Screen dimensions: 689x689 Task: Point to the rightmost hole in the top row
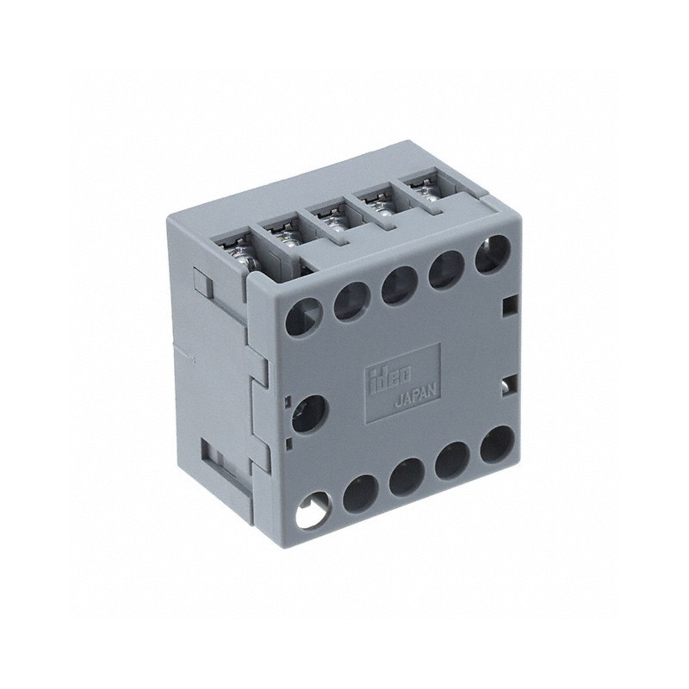(490, 254)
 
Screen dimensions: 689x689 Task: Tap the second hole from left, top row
(351, 295)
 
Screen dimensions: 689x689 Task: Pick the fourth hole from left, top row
(444, 267)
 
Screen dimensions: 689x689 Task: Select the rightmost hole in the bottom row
(494, 444)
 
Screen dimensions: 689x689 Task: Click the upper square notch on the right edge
(509, 303)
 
